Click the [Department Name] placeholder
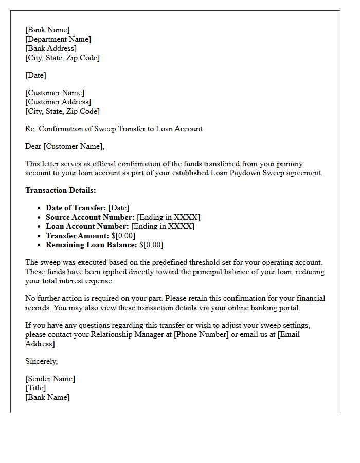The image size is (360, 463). pos(58,39)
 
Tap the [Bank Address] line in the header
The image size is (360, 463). pos(51,48)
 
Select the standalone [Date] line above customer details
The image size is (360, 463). pos(35,75)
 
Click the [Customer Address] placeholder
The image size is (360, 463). pos(58,102)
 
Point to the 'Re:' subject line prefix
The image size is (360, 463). pos(31,129)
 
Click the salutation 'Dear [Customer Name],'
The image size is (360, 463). pos(65,146)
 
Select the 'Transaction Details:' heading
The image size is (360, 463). pos(61,190)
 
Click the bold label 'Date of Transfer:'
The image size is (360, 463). pos(76,208)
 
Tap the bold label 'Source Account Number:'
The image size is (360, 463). pos(90,217)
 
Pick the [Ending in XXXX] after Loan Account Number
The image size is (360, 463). pos(163,226)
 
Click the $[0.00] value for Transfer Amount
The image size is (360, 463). pos(123,236)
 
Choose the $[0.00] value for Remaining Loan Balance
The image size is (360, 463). pos(151,245)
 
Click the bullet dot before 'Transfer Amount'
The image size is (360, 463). pos(40,236)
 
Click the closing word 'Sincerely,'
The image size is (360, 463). pos(41,361)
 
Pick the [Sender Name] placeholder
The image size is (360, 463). pos(50,379)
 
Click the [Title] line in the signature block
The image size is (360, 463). pos(35,388)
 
